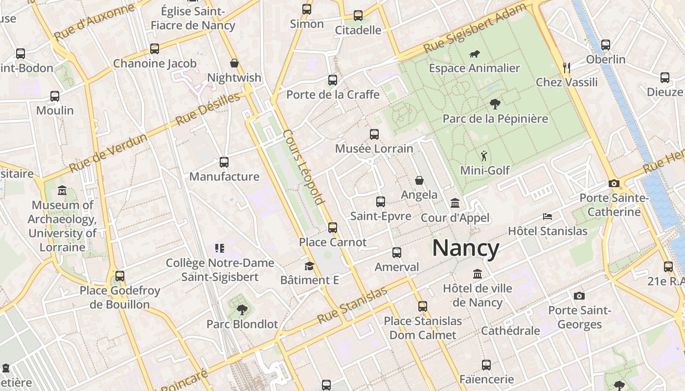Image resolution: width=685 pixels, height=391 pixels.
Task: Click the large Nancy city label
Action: coord(465,248)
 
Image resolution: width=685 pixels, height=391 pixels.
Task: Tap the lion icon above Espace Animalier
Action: coord(474,54)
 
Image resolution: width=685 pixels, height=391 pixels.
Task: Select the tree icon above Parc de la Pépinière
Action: coord(495,104)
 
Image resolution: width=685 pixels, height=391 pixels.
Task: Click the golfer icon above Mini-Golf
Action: coord(484,156)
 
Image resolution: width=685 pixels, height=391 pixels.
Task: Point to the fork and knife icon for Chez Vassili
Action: coord(567,67)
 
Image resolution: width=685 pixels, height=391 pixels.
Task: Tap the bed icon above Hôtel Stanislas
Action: coord(548,216)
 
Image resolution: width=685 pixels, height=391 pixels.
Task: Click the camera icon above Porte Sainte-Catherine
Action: coord(614,184)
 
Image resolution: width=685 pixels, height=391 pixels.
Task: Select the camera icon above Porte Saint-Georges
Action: coord(579,296)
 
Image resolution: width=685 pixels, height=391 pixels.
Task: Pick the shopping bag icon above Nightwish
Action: coord(234,63)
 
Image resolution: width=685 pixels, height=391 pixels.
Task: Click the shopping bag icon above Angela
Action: coord(419,180)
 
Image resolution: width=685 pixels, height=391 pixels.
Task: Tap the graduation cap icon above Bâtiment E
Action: coord(309,266)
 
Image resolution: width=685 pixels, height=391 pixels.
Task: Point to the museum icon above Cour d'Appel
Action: coord(455,203)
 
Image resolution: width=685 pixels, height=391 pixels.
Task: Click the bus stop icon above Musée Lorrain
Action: coord(374,134)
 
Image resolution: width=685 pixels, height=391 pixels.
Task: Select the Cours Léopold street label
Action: coord(304,167)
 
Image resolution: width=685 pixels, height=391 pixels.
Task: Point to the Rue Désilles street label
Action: coord(208,109)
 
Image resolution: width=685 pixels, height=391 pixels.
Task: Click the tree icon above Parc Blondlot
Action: coord(242,309)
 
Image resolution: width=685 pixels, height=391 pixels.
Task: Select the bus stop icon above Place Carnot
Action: coord(333,227)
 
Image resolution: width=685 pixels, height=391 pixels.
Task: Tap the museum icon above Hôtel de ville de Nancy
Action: coord(477,274)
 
